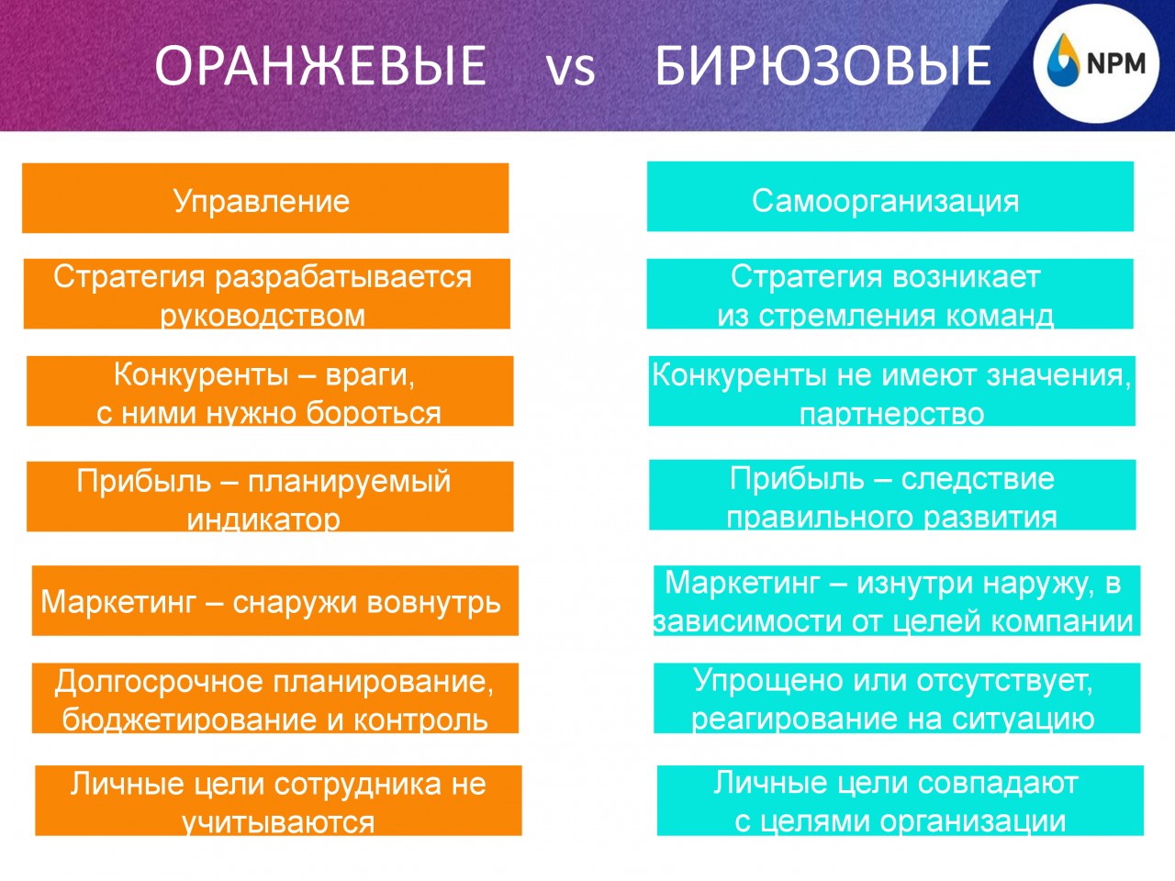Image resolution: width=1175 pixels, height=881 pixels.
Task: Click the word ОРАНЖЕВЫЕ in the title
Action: (x=320, y=65)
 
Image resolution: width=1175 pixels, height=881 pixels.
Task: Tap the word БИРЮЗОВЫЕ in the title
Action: (x=823, y=65)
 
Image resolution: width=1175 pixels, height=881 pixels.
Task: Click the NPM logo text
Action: (x=1116, y=63)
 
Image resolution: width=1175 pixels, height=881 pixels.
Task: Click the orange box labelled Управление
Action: (x=265, y=198)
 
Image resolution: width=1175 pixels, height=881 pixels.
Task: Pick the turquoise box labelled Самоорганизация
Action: (x=890, y=196)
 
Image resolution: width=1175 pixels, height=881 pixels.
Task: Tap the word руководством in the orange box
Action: (x=263, y=315)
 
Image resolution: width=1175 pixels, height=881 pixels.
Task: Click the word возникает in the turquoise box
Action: (x=968, y=277)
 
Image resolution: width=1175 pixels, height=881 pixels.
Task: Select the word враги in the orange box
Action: (x=370, y=375)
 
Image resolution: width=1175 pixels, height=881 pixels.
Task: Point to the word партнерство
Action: (x=892, y=414)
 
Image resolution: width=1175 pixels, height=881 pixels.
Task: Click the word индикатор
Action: (x=263, y=519)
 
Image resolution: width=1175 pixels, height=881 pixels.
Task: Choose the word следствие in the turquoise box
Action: (x=978, y=479)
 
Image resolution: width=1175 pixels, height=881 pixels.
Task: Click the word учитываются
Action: (x=278, y=822)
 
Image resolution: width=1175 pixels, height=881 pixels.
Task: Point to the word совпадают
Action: (x=998, y=784)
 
